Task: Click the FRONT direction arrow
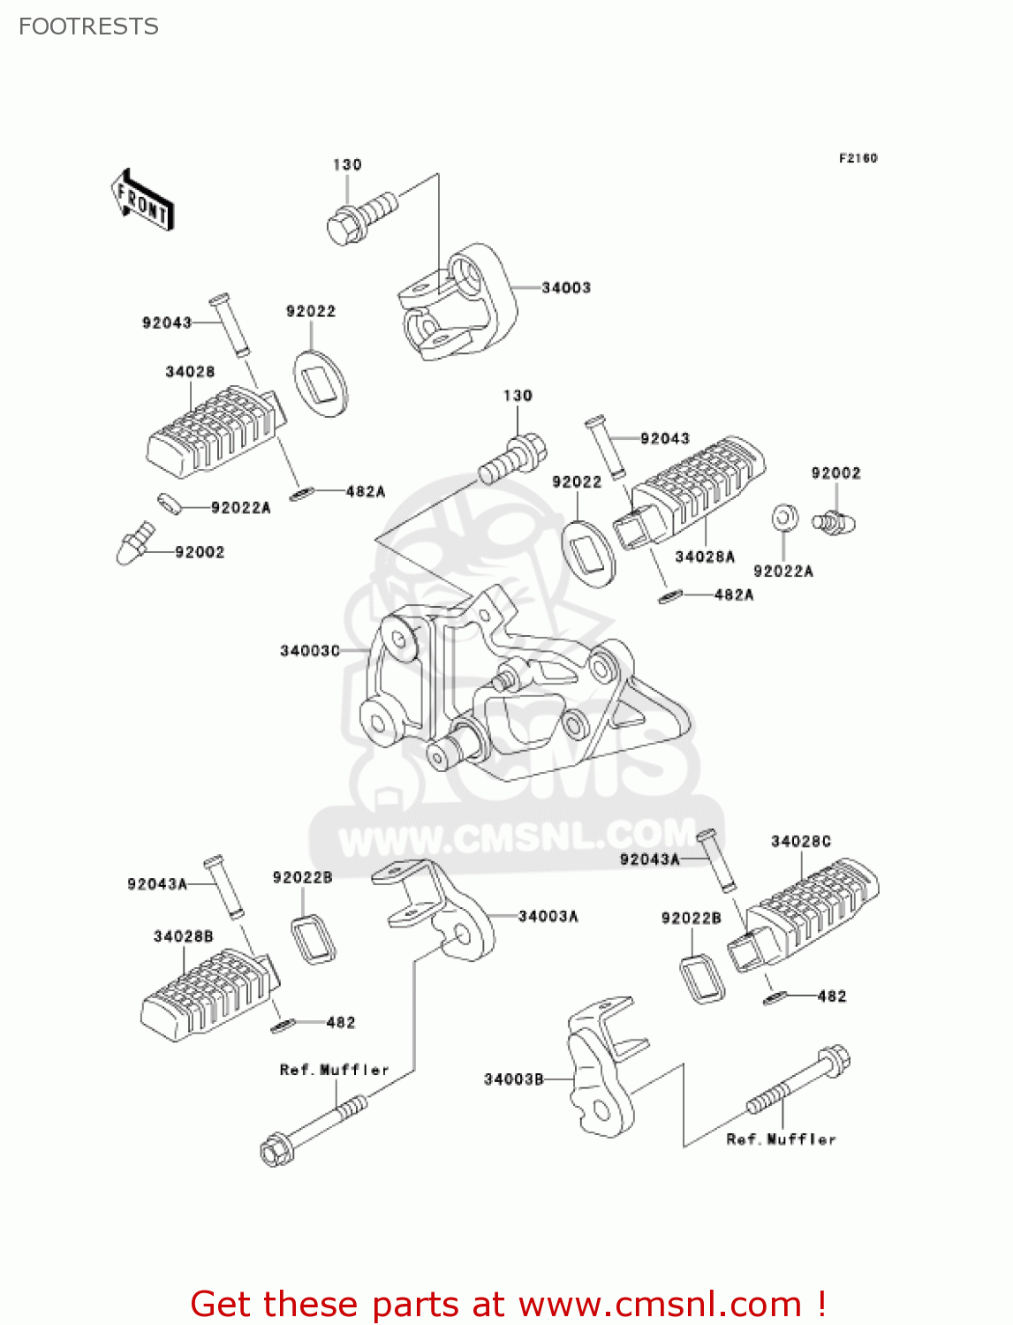(142, 201)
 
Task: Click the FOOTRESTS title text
(88, 26)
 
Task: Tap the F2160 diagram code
(858, 158)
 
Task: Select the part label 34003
(566, 288)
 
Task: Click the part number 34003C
(309, 651)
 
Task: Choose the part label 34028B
(183, 936)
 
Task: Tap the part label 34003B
(513, 1079)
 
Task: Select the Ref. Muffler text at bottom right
(781, 1139)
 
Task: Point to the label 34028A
(705, 556)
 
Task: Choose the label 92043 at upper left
(167, 322)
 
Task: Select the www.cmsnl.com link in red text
(659, 1305)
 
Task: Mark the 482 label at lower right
(832, 996)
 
